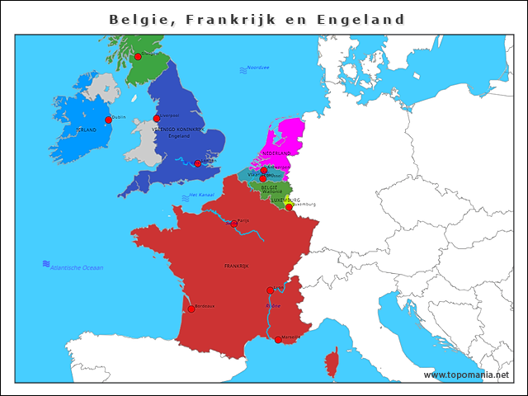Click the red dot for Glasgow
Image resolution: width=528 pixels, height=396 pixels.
coord(138,57)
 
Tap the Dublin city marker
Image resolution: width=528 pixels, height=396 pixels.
coord(108,120)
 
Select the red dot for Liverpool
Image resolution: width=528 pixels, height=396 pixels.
coord(157,119)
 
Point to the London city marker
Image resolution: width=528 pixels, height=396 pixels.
coord(197,163)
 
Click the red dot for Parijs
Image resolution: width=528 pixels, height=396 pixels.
coord(234,224)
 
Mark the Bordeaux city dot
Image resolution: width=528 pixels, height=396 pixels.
coord(191,309)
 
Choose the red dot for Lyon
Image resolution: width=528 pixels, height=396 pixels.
coord(270,290)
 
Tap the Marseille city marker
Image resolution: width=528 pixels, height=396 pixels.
coord(278,339)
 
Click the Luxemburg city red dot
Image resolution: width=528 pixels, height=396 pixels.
coord(288,207)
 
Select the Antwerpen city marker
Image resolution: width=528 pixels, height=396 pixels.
coord(264,170)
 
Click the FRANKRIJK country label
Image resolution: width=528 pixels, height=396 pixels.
coord(237,266)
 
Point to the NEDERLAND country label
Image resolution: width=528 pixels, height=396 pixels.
coord(276,154)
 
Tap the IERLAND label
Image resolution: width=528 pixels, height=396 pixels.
coord(86,130)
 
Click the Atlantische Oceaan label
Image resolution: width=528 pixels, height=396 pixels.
coord(77,268)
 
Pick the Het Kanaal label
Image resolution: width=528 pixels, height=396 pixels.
coord(202,195)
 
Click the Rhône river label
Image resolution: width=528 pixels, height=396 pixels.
coord(273,306)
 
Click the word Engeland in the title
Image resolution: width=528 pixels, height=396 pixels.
coord(361,19)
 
